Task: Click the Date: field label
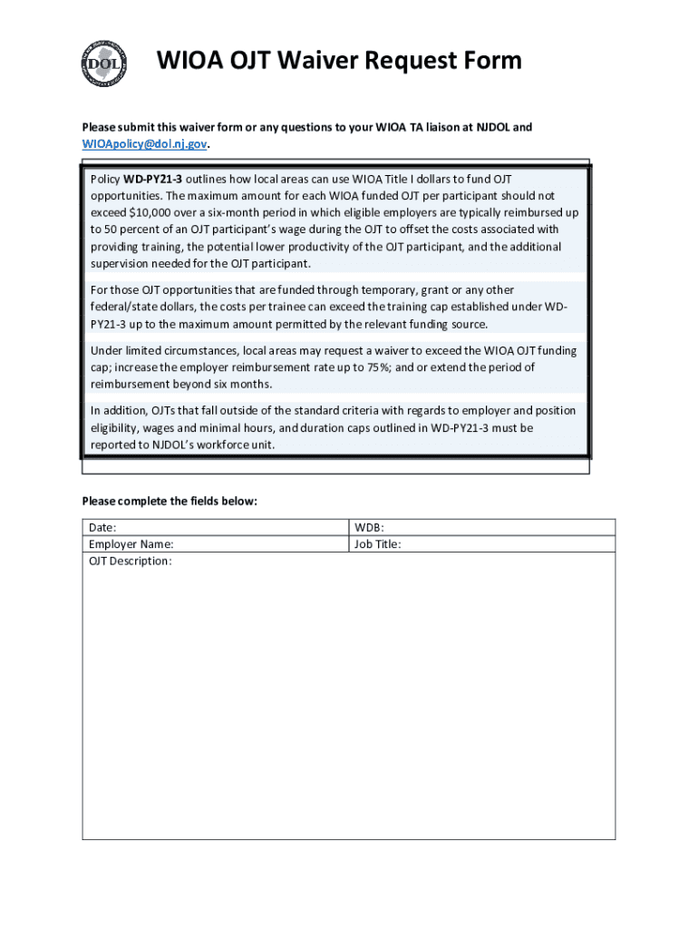click(x=102, y=527)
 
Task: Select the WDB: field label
click(x=370, y=527)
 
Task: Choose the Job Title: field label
click(x=378, y=544)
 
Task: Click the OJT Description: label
click(x=131, y=562)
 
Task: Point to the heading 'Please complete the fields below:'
click(x=170, y=501)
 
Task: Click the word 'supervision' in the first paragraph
click(x=121, y=263)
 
